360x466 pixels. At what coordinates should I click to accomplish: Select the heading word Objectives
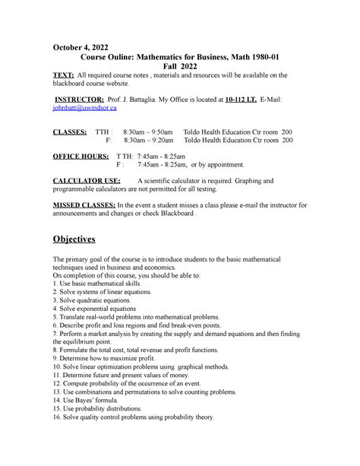click(84, 239)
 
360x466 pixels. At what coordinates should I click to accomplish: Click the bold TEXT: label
click(63, 76)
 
